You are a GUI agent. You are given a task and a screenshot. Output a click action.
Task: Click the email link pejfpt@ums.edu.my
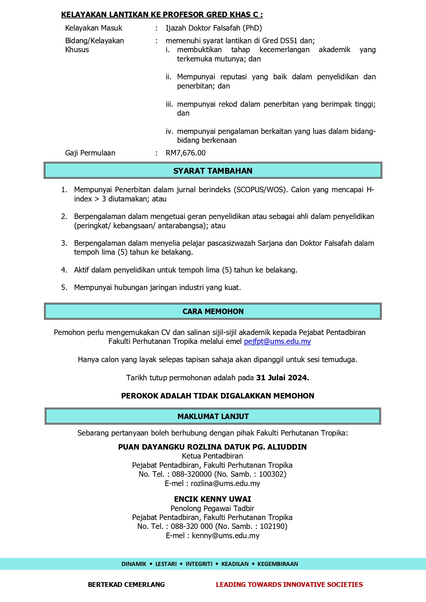(277, 341)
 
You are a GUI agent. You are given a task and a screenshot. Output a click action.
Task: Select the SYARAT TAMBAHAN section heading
(212, 171)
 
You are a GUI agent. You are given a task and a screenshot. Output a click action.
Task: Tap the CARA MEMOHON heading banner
(213, 311)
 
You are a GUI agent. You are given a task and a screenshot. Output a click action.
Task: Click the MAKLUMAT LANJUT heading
(213, 416)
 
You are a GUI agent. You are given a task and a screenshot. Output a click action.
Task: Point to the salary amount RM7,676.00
(186, 153)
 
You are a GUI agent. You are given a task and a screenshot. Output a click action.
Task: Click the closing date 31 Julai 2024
(283, 378)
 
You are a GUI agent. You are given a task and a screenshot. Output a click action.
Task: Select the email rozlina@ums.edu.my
(225, 484)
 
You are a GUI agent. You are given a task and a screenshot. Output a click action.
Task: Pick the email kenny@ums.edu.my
(226, 536)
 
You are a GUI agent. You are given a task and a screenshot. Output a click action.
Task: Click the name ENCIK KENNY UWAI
(212, 499)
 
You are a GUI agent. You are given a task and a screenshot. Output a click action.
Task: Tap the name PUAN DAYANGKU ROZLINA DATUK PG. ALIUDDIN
(212, 447)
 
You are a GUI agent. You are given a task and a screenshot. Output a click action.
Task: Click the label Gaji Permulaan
(90, 153)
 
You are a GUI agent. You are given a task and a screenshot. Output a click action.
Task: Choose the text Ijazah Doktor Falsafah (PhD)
(214, 28)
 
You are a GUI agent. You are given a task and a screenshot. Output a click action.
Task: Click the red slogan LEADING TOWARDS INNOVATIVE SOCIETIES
(289, 584)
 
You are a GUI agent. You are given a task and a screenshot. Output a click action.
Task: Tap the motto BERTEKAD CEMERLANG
(126, 584)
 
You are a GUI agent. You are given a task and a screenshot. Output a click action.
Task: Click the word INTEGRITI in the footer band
(199, 564)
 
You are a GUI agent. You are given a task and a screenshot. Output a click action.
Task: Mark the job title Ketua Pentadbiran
(212, 456)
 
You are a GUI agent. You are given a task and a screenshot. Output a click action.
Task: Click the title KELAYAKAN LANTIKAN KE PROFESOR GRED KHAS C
(162, 14)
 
